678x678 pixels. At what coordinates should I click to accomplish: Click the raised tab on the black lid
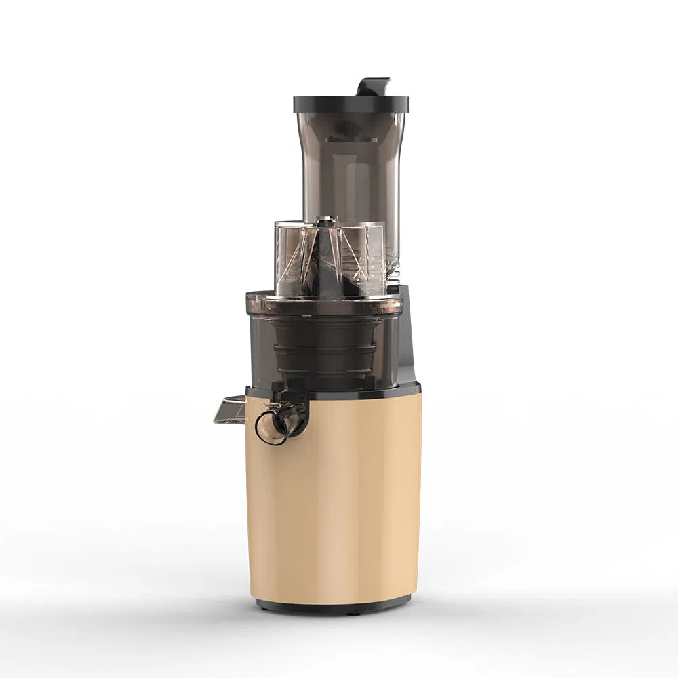click(x=374, y=87)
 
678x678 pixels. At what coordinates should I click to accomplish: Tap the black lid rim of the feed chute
click(x=351, y=104)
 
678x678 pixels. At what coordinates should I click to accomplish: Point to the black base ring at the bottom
click(x=332, y=605)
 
